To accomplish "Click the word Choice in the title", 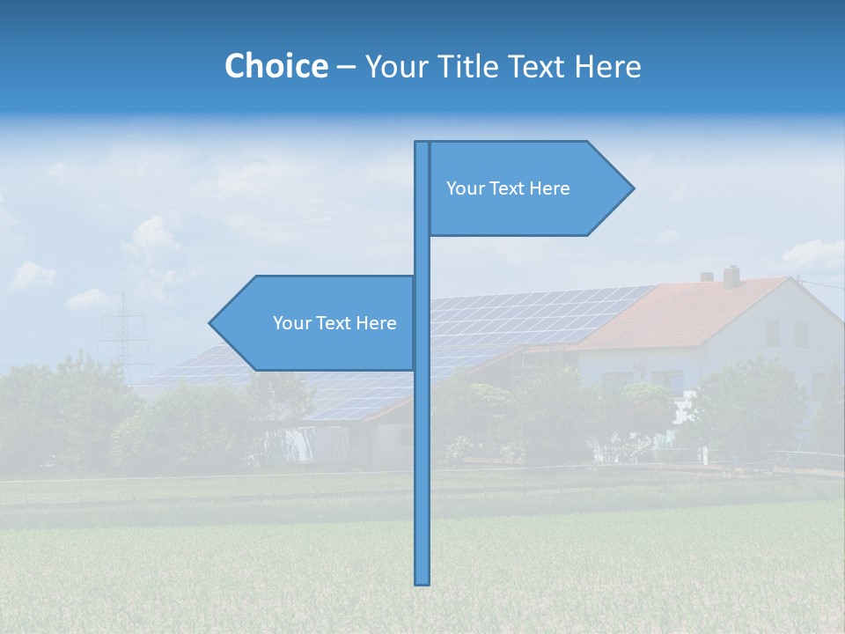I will pos(276,66).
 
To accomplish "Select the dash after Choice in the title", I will pos(346,67).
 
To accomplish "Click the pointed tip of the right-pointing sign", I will pos(632,188).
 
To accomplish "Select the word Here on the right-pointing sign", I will pos(549,188).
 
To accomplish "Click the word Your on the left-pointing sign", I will pos(291,323).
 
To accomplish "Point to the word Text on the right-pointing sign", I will pos(508,188).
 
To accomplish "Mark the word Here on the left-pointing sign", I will pos(376,323).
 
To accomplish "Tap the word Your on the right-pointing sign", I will pos(465,188).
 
